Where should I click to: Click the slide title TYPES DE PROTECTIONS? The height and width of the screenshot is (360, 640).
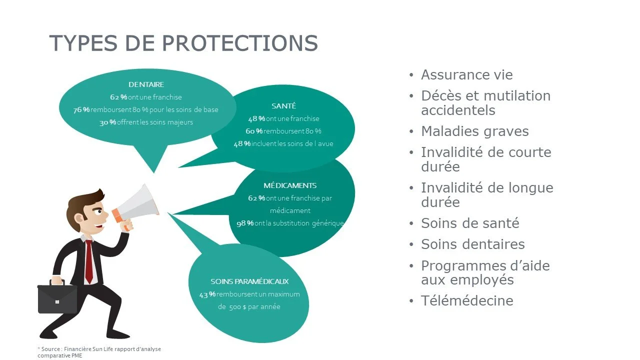click(x=183, y=43)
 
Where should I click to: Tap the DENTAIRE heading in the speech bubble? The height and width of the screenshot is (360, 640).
click(x=146, y=84)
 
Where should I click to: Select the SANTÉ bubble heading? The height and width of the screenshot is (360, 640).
click(x=283, y=106)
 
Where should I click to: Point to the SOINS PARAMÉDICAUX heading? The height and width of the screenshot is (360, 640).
click(x=249, y=281)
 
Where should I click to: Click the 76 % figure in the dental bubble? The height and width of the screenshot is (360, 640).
click(x=81, y=110)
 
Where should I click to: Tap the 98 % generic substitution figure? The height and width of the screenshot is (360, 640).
click(x=245, y=223)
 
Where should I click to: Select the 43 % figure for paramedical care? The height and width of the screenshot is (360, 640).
click(x=207, y=294)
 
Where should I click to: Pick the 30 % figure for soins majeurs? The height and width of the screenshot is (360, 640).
click(x=107, y=122)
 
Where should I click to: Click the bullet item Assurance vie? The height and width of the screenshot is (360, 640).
click(x=466, y=75)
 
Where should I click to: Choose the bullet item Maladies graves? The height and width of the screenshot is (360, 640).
click(x=474, y=131)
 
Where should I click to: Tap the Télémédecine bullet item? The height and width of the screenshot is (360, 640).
click(x=467, y=300)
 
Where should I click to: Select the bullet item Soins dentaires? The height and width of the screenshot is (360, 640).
click(x=472, y=244)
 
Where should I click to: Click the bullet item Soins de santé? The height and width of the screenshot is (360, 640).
click(x=470, y=223)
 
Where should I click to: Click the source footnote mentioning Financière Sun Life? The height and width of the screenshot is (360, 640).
click(x=99, y=352)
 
